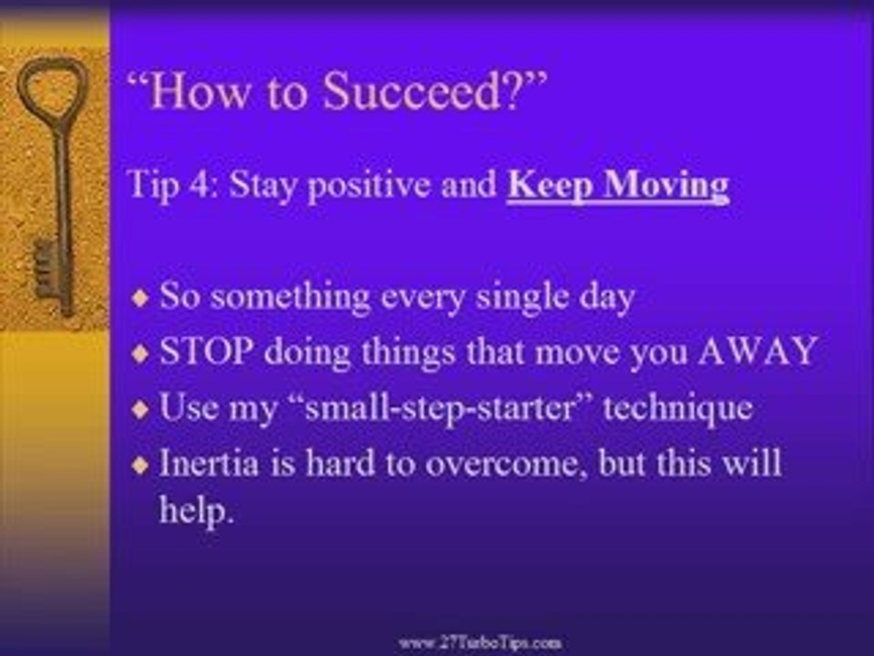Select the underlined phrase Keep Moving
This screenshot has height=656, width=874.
click(618, 185)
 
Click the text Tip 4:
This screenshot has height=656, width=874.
click(174, 185)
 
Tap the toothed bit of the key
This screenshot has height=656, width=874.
click(46, 269)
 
